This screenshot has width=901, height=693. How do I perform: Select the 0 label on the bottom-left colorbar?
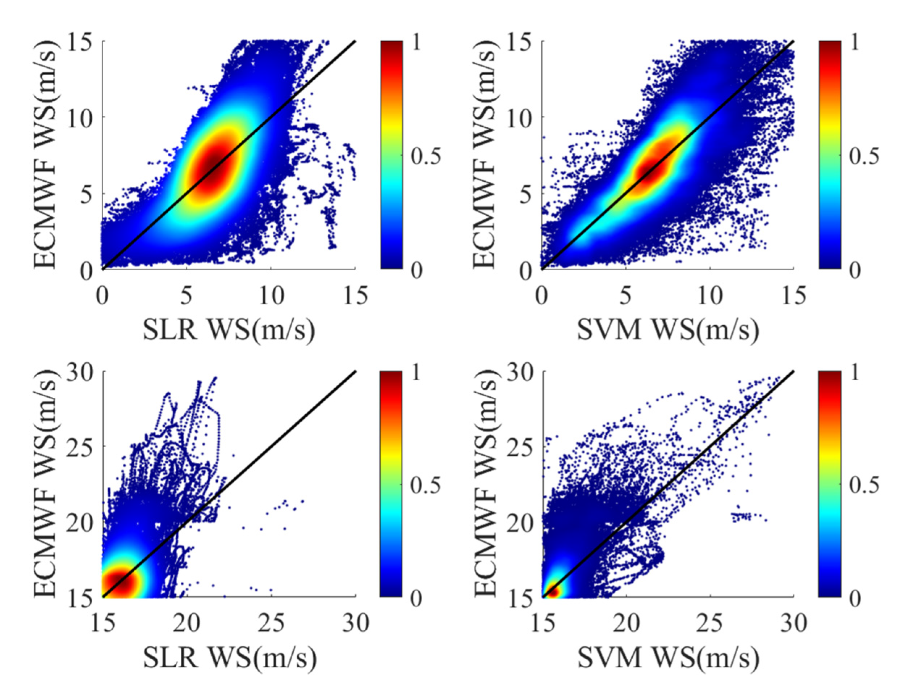(x=417, y=598)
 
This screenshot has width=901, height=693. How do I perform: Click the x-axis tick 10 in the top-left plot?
(x=271, y=296)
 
